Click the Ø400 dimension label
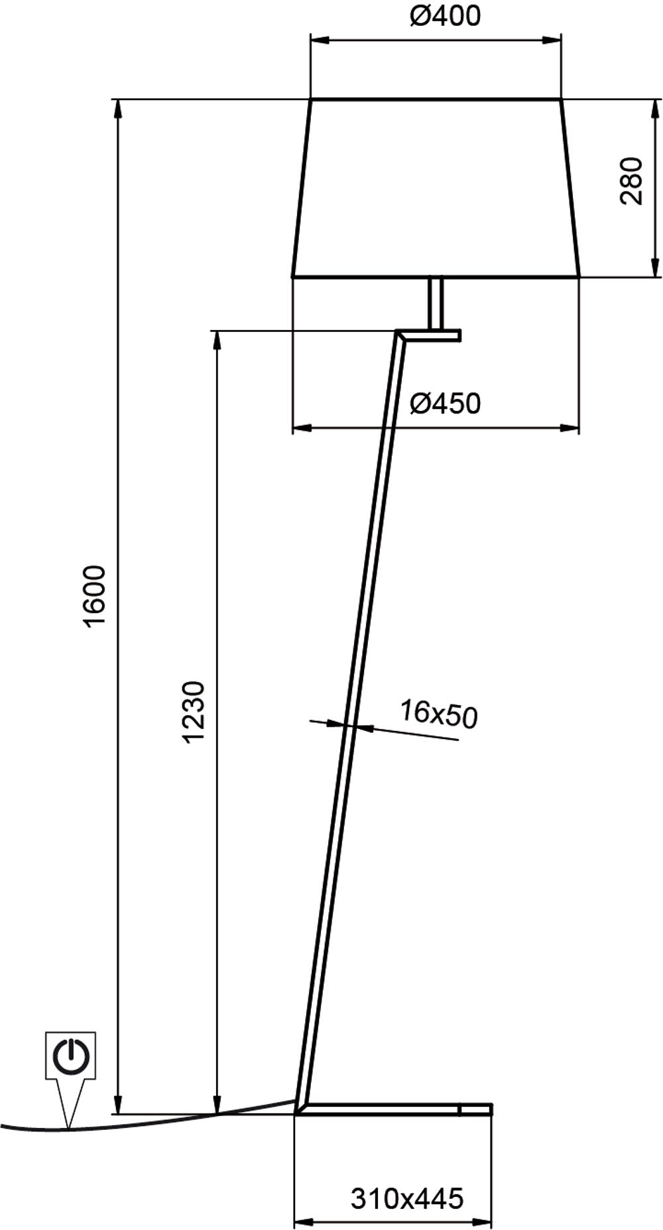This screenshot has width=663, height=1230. (444, 15)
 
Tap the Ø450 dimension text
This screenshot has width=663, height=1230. (444, 403)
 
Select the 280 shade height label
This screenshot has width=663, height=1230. (632, 181)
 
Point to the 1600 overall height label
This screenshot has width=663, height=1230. (94, 596)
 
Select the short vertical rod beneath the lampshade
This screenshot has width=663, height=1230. (436, 303)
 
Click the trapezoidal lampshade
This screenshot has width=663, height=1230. (436, 188)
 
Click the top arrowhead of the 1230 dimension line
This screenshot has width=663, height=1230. (216, 340)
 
